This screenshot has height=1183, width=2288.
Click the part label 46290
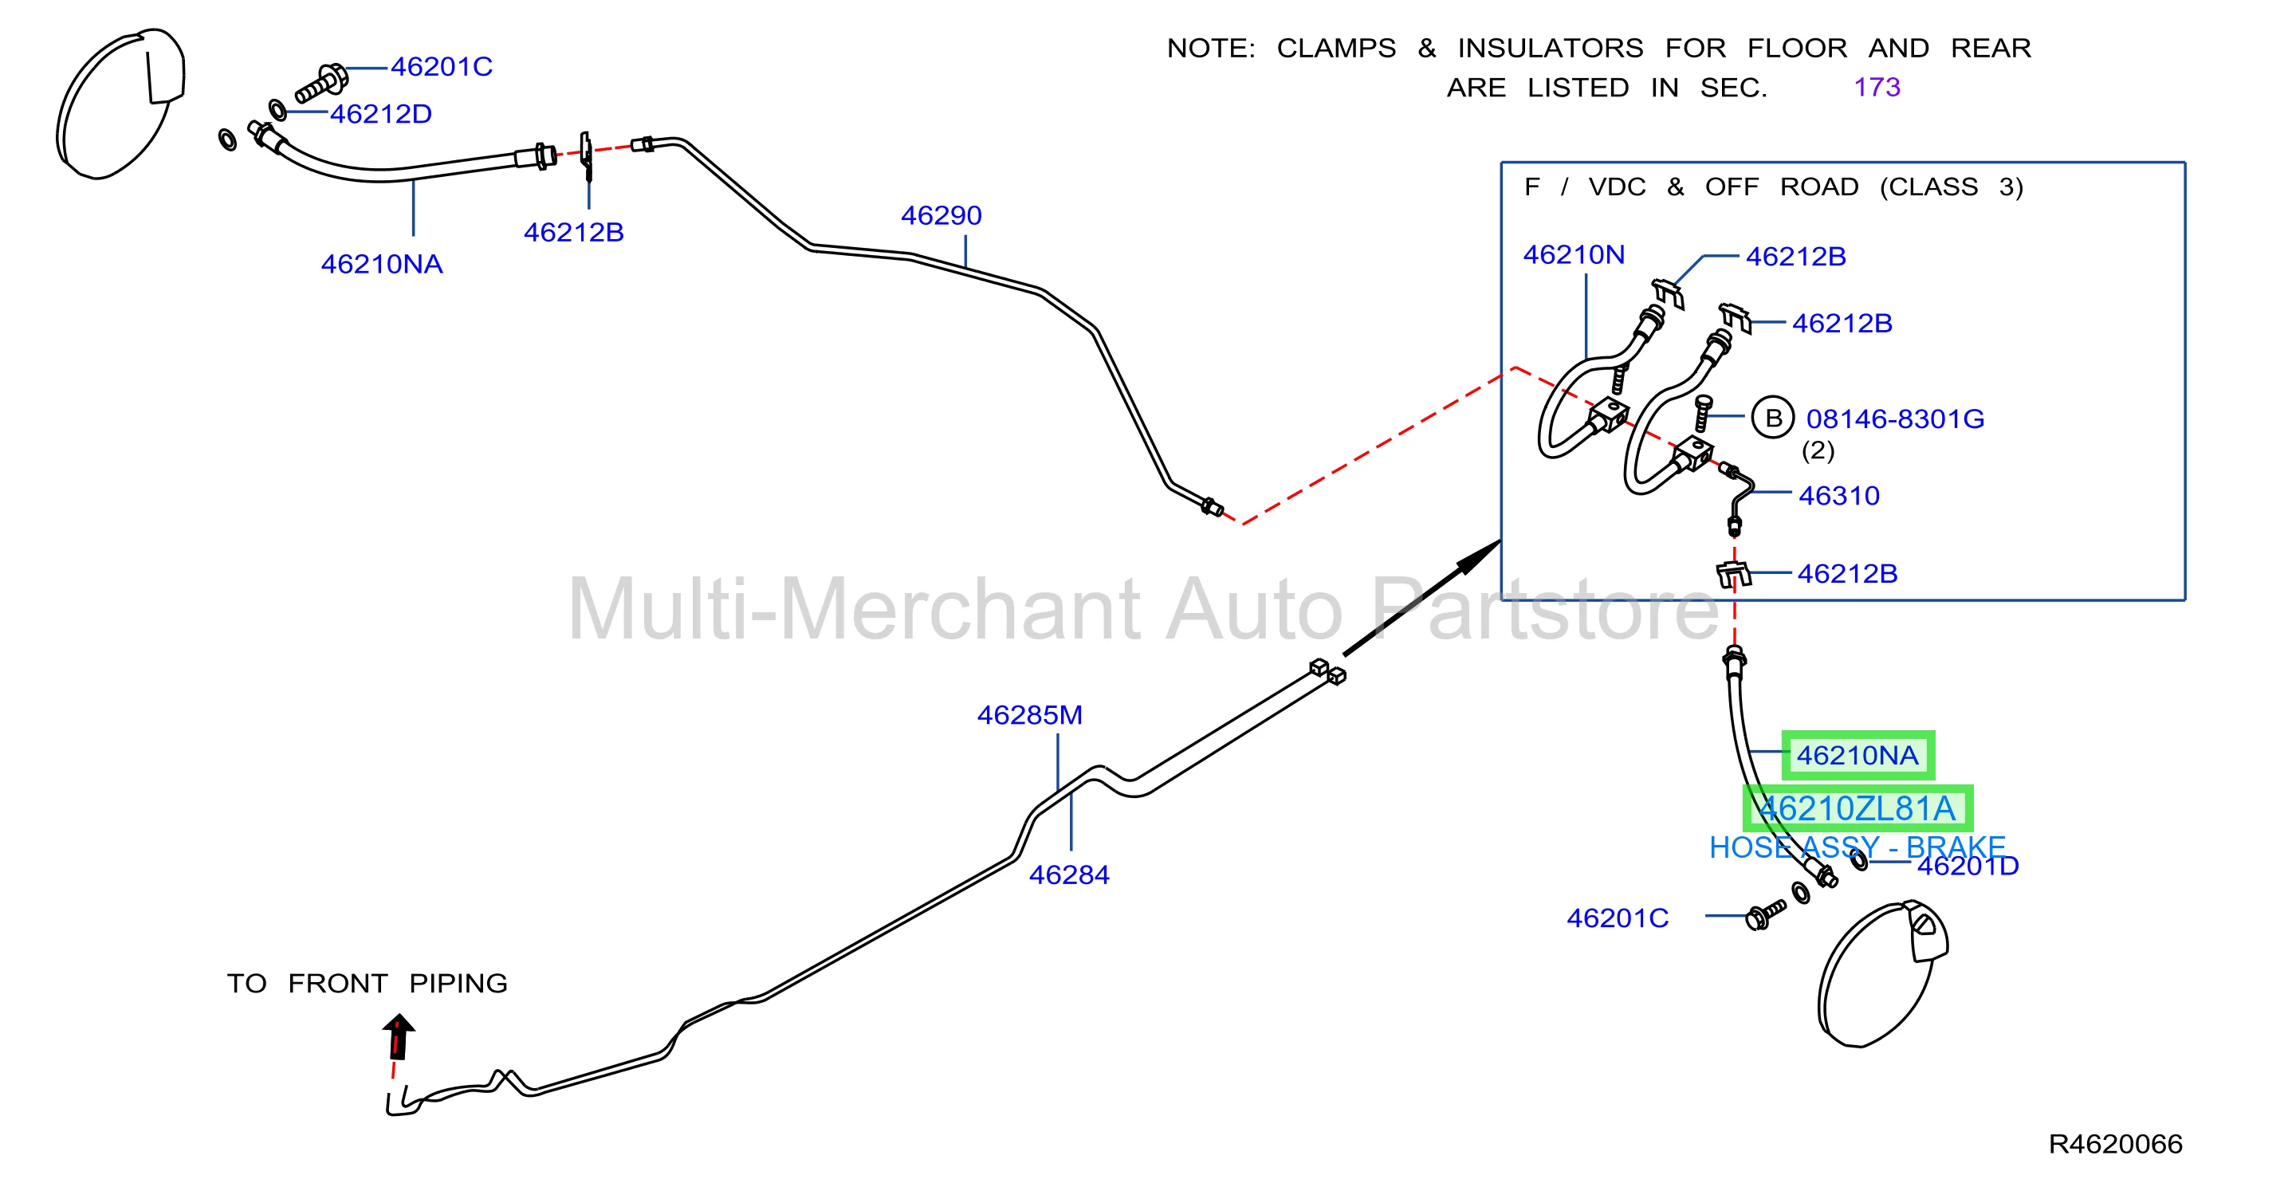tap(941, 216)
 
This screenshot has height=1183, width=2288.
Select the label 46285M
tap(1029, 716)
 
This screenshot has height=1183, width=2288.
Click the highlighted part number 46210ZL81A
tap(1858, 809)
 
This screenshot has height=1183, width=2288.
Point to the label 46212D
tap(381, 115)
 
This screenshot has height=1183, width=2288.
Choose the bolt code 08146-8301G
tap(1896, 419)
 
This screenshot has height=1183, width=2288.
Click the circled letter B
tap(1773, 419)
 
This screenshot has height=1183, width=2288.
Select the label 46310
tap(1838, 496)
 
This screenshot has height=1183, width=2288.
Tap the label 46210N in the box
tap(1574, 256)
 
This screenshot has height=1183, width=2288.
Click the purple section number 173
tap(1877, 88)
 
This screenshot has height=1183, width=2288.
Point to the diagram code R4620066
tap(2115, 1144)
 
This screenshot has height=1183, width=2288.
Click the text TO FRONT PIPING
tap(367, 984)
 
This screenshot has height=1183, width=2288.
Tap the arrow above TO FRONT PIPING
tap(399, 1036)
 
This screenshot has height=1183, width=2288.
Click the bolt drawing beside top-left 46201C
tap(320, 84)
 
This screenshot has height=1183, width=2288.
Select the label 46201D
tap(1968, 866)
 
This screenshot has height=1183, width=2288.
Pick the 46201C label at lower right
tap(1618, 918)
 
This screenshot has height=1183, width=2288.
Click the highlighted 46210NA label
tap(1858, 756)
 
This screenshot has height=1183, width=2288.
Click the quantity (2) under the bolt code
tap(1818, 451)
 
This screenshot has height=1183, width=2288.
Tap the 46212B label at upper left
tap(574, 233)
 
